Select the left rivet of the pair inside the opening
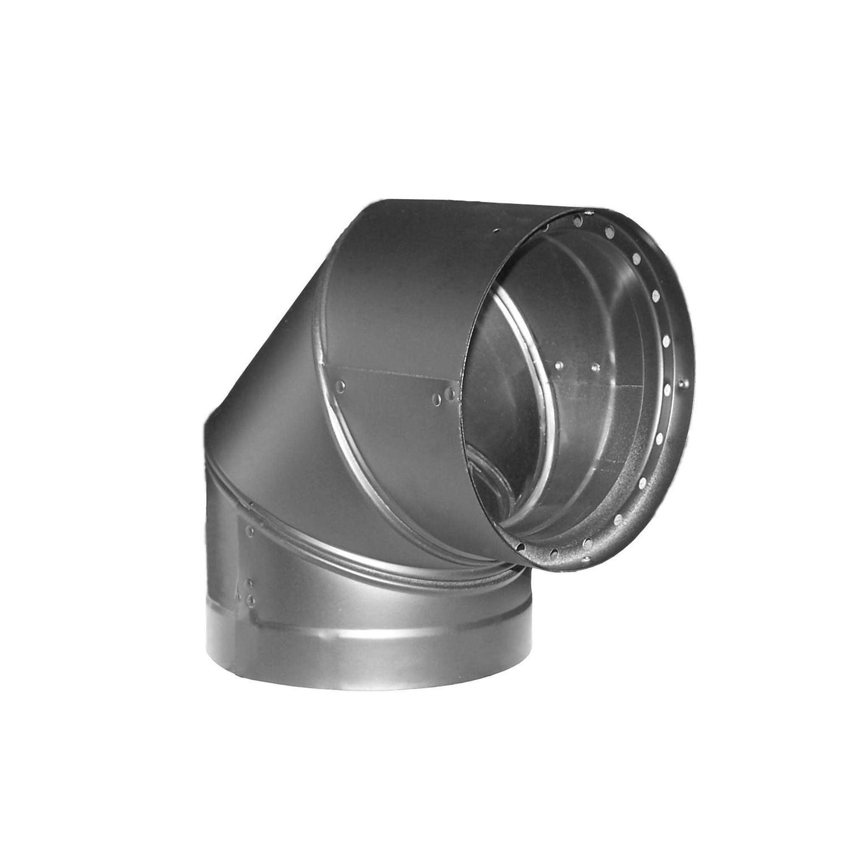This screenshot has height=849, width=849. tap(558, 366)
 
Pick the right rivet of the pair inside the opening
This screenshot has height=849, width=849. tap(595, 367)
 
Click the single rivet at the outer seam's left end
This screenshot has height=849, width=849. tap(340, 386)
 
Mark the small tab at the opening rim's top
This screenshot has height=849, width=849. tap(589, 213)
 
